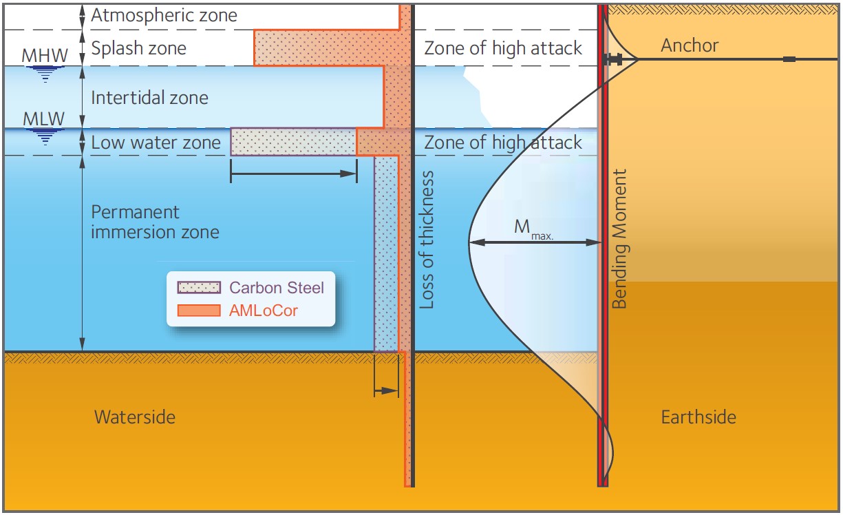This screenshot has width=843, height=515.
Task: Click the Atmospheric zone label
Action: [164, 15]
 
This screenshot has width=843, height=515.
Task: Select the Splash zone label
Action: [138, 48]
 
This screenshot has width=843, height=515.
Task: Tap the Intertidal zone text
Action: [149, 98]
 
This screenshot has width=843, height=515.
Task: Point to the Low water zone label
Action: [156, 143]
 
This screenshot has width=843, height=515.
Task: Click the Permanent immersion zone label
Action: [155, 222]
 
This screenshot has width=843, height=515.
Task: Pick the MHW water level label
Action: [45, 55]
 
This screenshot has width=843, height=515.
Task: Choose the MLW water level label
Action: [44, 118]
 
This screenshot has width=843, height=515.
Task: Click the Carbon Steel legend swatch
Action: [199, 287]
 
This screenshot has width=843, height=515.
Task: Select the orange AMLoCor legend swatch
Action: [199, 311]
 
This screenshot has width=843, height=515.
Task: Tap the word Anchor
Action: [690, 46]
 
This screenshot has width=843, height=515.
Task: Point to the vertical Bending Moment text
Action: [619, 238]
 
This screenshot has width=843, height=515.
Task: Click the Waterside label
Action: [134, 417]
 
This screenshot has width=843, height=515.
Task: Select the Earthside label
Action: [698, 417]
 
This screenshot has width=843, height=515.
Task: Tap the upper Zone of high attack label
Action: [503, 48]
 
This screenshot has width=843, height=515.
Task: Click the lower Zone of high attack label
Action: [503, 143]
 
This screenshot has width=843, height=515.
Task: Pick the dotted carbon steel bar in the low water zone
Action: [293, 142]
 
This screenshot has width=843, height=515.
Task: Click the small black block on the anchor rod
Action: [789, 59]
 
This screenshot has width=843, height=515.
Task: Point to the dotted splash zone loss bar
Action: [327, 48]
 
